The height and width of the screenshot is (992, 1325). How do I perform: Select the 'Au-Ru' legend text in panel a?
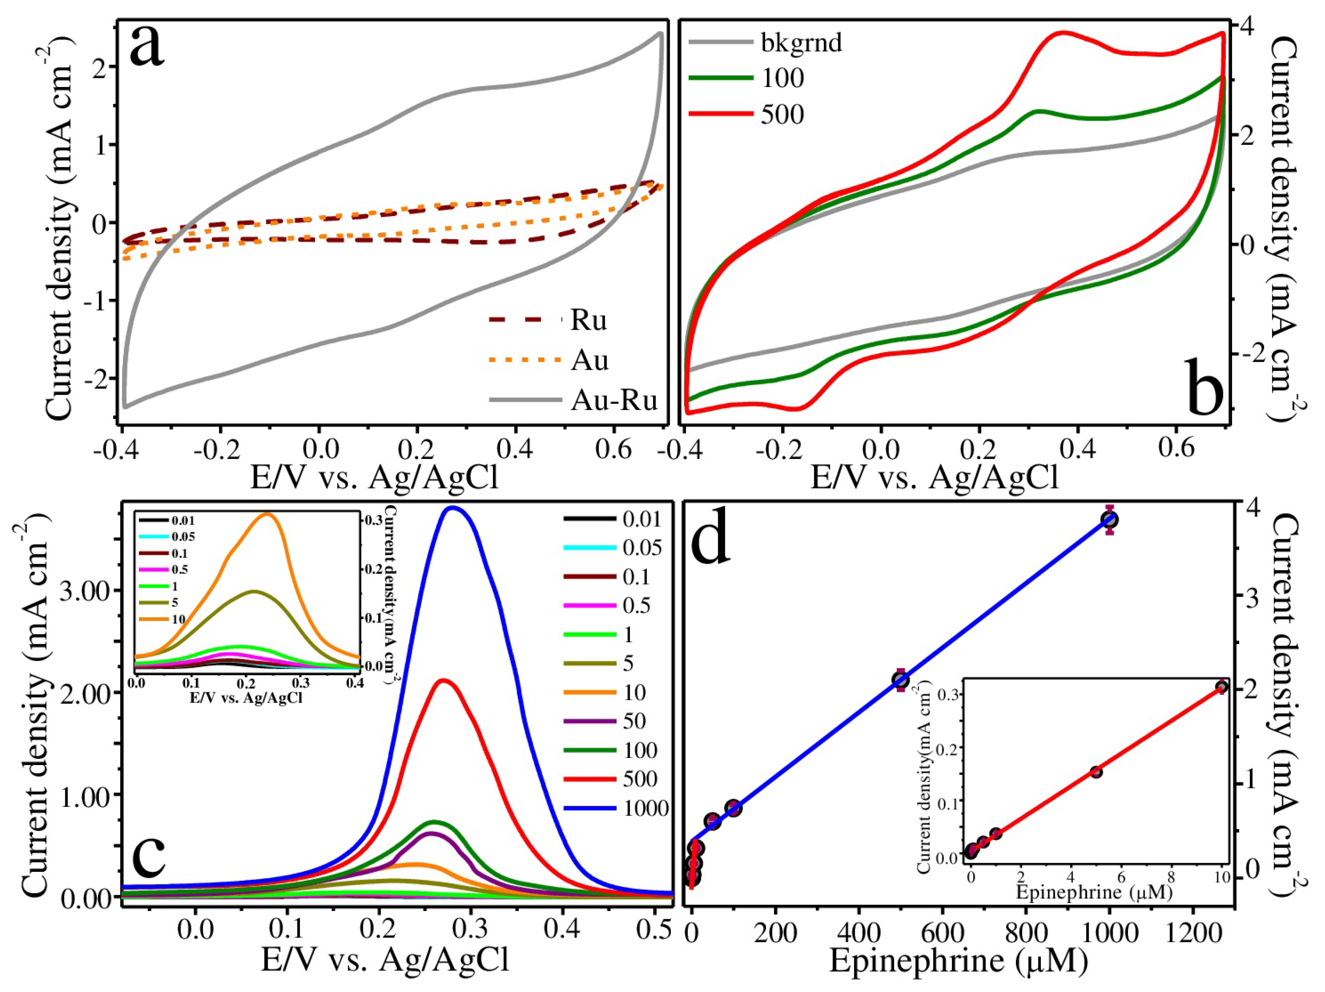(x=614, y=400)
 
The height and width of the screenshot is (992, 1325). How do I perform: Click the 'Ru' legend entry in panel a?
(x=588, y=321)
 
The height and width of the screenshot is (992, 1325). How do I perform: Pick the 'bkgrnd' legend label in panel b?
(x=801, y=43)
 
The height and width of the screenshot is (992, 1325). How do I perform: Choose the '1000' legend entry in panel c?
(x=645, y=808)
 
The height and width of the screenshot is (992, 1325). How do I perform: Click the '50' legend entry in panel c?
(x=634, y=721)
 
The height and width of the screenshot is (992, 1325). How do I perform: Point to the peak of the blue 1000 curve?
(x=453, y=508)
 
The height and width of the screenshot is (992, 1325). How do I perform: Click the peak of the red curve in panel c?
(x=443, y=680)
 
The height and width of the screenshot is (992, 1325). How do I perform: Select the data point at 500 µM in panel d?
(x=901, y=680)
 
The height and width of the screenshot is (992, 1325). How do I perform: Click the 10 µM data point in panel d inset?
(x=1222, y=686)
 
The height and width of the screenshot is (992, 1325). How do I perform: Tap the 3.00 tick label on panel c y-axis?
(x=85, y=591)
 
